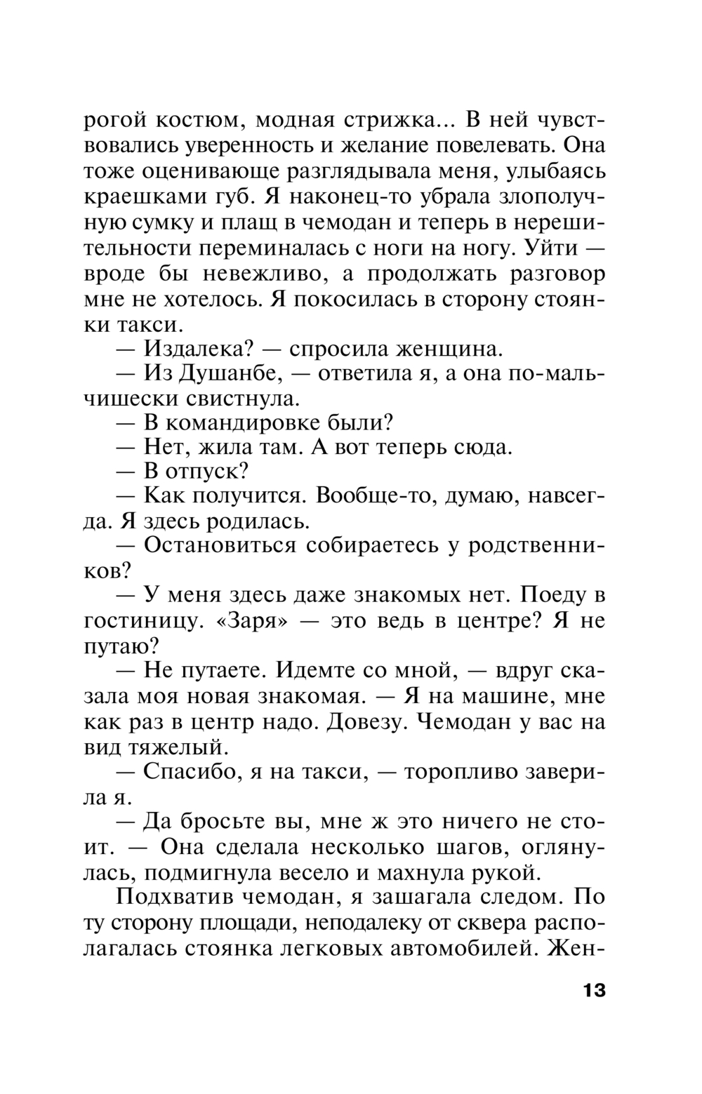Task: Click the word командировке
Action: [x=244, y=423]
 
